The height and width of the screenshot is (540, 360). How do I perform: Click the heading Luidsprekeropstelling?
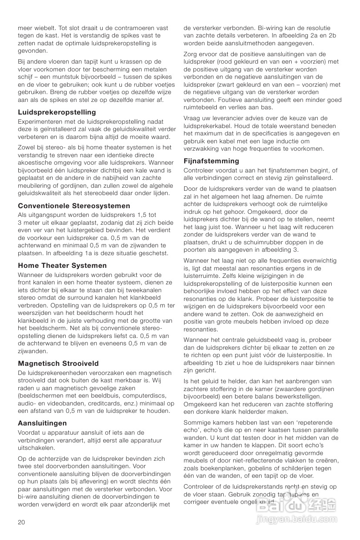(x=57, y=112)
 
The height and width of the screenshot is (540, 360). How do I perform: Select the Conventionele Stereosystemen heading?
(x=74, y=206)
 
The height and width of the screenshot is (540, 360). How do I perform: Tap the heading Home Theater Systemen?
(x=62, y=265)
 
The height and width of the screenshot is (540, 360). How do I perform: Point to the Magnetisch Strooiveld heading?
(x=58, y=363)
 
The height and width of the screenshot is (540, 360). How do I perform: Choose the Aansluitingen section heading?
(x=42, y=423)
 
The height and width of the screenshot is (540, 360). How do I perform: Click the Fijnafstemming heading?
(x=212, y=161)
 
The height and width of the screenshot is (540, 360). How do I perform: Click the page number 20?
(x=22, y=522)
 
